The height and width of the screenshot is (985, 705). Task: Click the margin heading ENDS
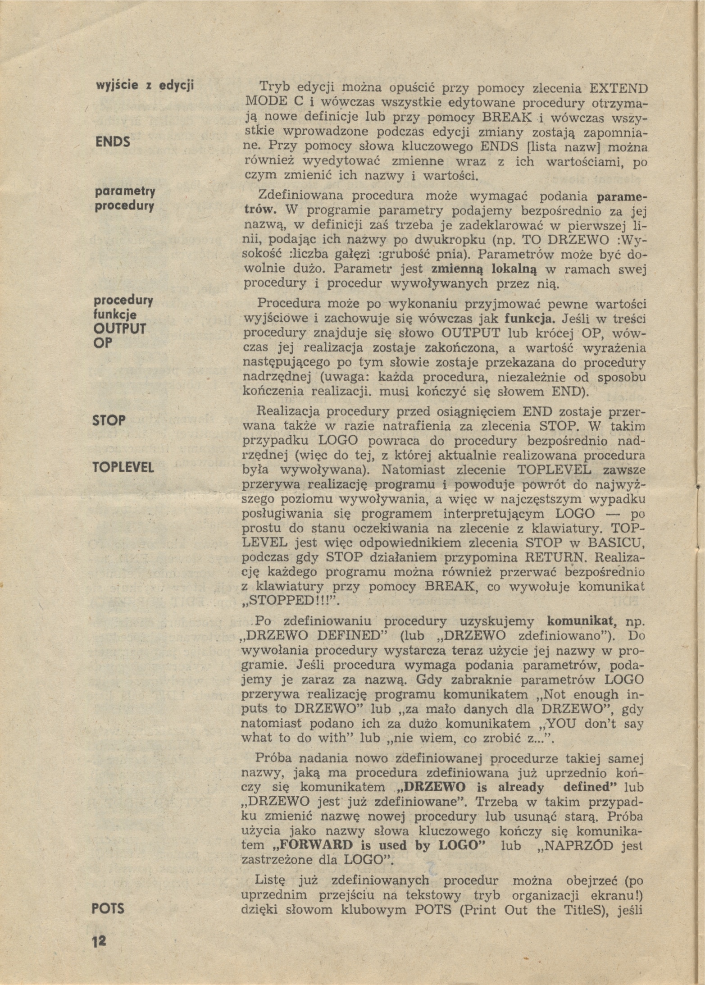click(x=113, y=142)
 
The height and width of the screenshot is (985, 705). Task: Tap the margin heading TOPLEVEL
click(x=123, y=467)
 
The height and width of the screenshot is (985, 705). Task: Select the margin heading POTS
click(x=108, y=909)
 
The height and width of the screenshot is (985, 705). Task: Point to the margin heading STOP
click(x=109, y=421)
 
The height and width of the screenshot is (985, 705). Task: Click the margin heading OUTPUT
click(x=120, y=328)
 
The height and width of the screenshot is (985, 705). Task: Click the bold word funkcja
click(x=528, y=319)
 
